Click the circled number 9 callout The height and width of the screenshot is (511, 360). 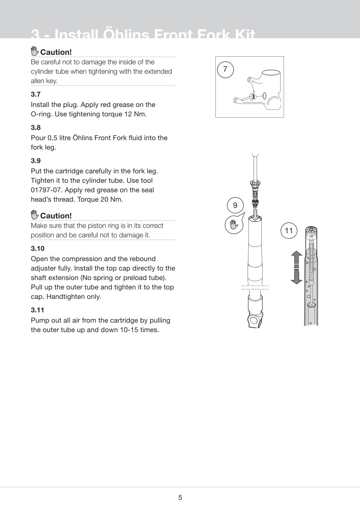(x=235, y=206)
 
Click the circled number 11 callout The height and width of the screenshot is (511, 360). (x=289, y=231)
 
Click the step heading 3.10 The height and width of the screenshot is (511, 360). (x=38, y=248)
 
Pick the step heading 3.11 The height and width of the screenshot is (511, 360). (x=37, y=310)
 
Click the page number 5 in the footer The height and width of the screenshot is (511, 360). (x=180, y=498)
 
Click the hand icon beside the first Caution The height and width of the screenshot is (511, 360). (x=35, y=52)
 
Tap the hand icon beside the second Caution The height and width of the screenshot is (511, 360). (x=35, y=215)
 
